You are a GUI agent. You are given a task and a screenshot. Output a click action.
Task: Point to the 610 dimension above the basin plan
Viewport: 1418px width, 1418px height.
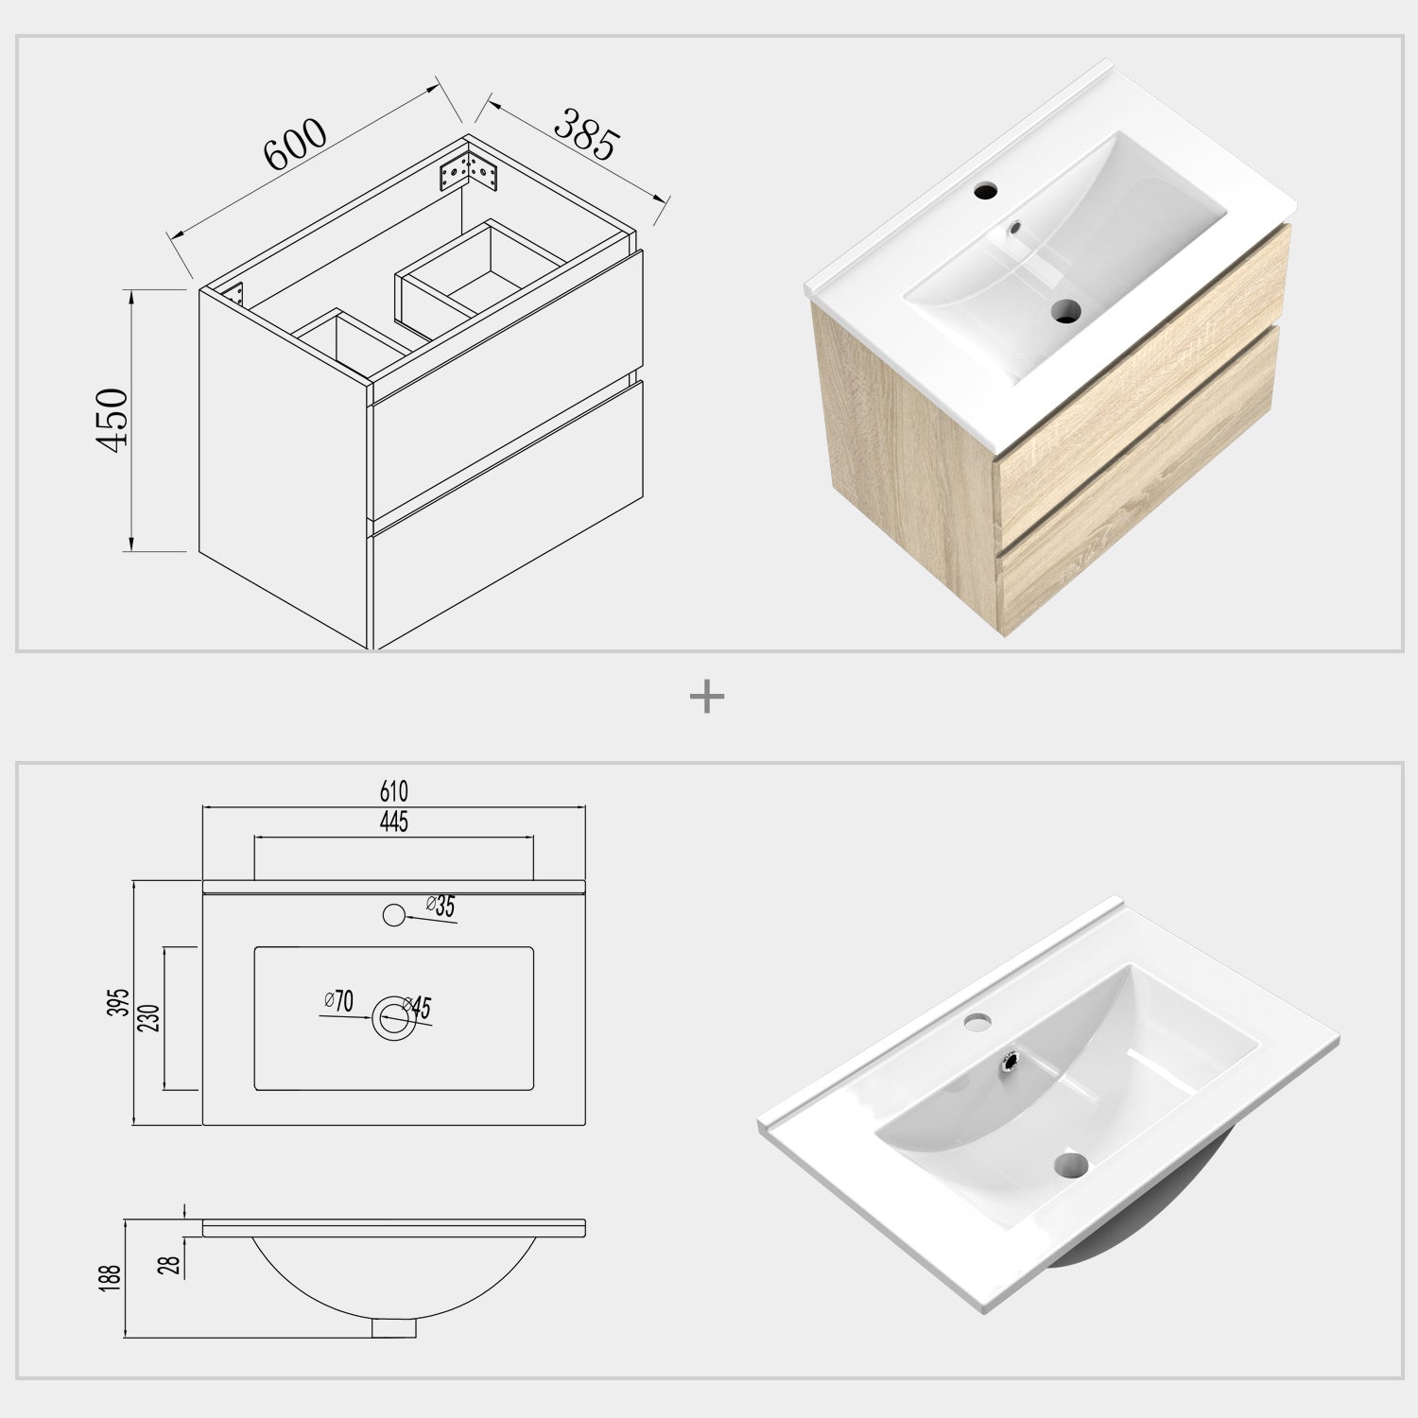(x=394, y=791)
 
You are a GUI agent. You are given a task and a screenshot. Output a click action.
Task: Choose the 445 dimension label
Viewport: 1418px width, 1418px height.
(x=394, y=821)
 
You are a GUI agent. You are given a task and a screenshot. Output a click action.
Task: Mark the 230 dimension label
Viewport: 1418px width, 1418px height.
(x=152, y=1017)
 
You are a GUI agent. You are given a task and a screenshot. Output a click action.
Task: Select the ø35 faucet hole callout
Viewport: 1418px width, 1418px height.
(x=441, y=906)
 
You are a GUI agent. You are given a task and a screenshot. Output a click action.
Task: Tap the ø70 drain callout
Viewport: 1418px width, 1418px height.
(x=337, y=999)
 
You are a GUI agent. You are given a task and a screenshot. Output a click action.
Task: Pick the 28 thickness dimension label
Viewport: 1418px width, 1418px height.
(x=174, y=1264)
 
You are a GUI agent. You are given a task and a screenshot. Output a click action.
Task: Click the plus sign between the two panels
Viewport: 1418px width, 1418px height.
(x=707, y=698)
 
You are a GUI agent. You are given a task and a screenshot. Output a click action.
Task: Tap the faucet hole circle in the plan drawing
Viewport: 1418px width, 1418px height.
(x=393, y=914)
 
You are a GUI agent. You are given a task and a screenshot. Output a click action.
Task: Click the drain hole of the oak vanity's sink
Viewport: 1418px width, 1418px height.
(x=1065, y=310)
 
